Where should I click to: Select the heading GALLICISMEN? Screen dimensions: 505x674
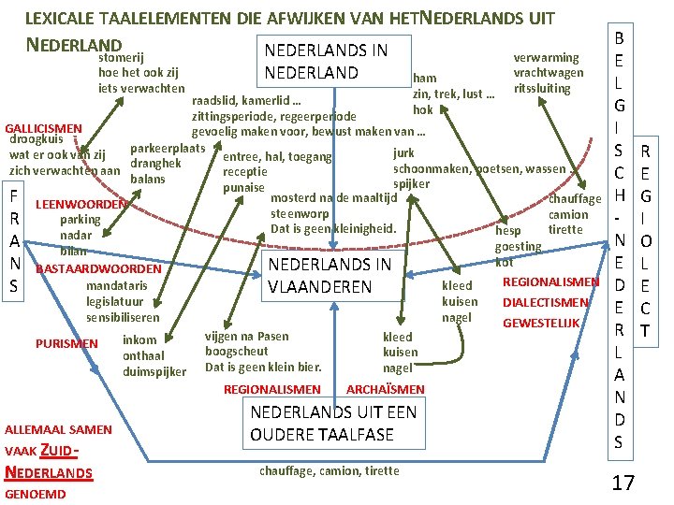44,128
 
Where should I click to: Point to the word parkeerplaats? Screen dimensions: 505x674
168,149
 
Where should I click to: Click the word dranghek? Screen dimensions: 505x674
156,164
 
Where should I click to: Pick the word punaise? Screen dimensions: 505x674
244,189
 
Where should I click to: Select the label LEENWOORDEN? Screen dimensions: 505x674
79,205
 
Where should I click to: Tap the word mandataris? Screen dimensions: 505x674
116,285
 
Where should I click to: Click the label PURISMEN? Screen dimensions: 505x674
66,344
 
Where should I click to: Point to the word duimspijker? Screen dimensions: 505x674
154,371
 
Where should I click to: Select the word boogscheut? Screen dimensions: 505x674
235,351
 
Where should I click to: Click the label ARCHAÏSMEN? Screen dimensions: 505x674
386,389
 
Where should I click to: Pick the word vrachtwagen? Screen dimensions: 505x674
549,73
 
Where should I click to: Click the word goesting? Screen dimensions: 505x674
519,247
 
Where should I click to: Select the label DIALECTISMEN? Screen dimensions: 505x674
546,303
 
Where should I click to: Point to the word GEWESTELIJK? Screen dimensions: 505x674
542,324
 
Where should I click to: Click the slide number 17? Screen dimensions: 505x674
623,483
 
